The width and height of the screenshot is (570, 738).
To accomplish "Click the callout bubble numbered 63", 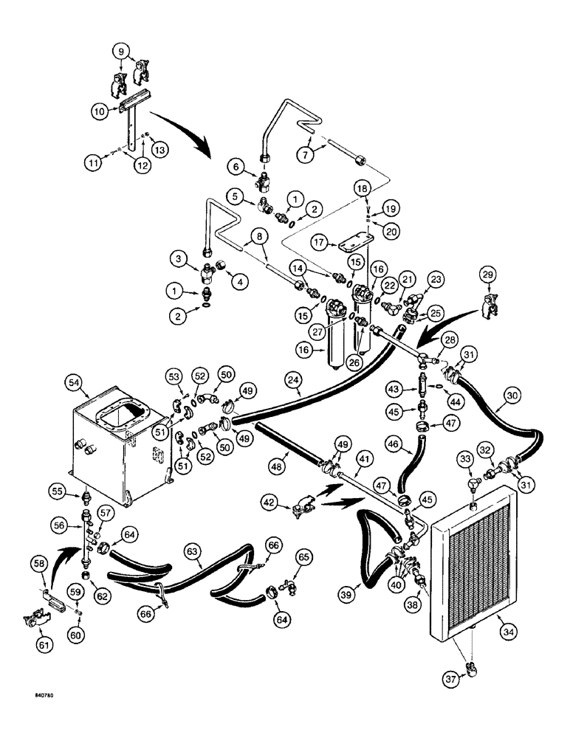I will coord(193,550).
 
